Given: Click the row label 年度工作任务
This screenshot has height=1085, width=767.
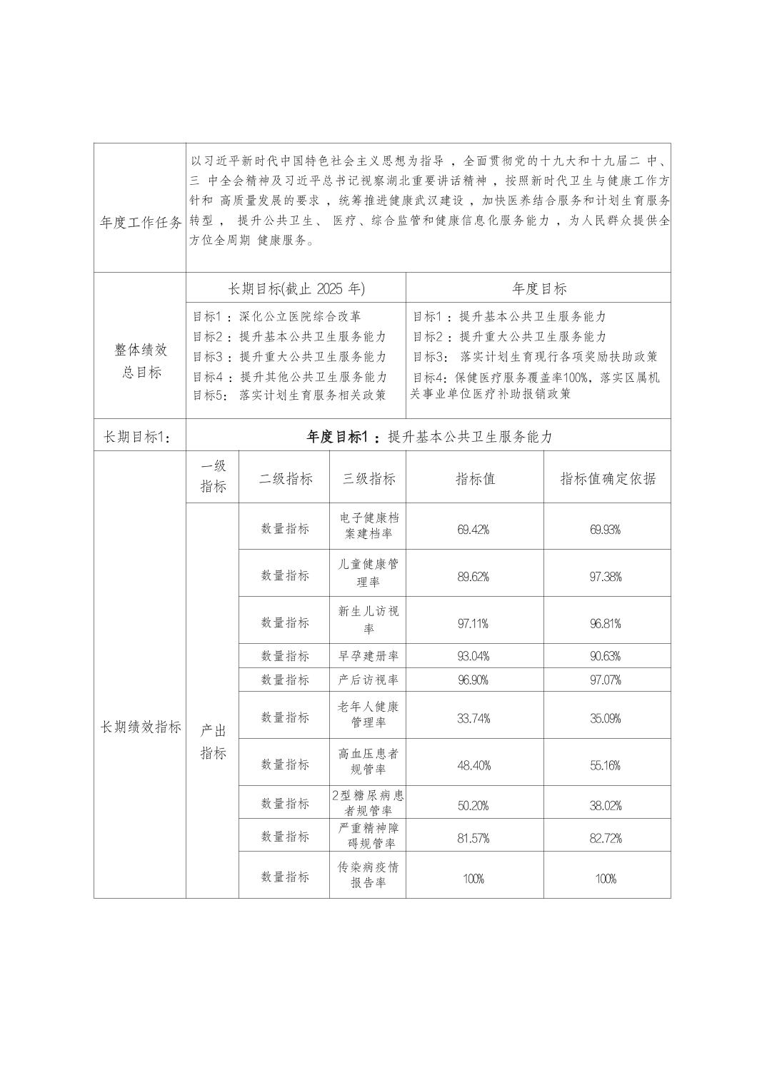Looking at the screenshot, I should coord(141,223).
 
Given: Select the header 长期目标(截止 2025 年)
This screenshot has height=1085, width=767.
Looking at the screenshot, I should coord(296,288).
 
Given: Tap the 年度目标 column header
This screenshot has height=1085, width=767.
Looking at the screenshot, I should coord(538,288).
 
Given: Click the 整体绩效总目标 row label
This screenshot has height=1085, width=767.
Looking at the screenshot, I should coord(141,360).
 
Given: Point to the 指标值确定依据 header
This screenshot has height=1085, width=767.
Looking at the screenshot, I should coord(607,478).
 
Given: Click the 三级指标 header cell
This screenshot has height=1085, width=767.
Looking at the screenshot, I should coord(369,478).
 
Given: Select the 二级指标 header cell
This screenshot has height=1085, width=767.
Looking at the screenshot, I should coord(285,478).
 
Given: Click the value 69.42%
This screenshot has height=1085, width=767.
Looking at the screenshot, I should coord(473,529).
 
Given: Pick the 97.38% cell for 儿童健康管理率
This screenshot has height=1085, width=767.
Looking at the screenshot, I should coord(606,577).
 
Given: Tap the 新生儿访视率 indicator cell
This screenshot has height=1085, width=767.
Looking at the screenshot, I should coord(369,620).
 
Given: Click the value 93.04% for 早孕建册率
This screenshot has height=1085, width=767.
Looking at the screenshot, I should coord(473,656).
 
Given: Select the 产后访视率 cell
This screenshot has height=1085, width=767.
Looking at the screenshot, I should coord(369,680).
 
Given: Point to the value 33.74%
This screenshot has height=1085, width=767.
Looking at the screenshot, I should coord(473,718).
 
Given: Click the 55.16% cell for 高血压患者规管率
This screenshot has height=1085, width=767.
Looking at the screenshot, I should coord(606,765).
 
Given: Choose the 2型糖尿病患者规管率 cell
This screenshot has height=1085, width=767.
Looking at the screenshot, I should coord(369,802).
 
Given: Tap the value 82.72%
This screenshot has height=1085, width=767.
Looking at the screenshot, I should coord(606,837).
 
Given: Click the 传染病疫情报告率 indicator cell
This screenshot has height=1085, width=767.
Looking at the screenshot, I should coord(369,874).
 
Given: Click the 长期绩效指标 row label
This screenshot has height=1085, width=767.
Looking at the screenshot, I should coord(141,727).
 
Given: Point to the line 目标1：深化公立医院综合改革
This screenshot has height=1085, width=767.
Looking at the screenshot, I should coord(277,316).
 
